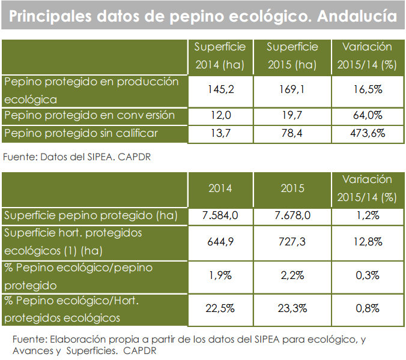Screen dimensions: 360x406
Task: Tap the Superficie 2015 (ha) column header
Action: (x=292, y=56)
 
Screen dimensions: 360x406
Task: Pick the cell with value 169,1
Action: (x=292, y=91)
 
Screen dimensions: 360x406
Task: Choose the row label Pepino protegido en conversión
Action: (x=89, y=116)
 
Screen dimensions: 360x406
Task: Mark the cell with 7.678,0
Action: (x=292, y=215)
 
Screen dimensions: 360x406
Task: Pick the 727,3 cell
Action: (x=292, y=241)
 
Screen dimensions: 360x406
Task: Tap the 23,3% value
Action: (x=292, y=309)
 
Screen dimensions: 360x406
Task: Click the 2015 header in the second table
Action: (x=292, y=188)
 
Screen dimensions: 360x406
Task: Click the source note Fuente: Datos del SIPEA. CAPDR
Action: (x=76, y=157)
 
